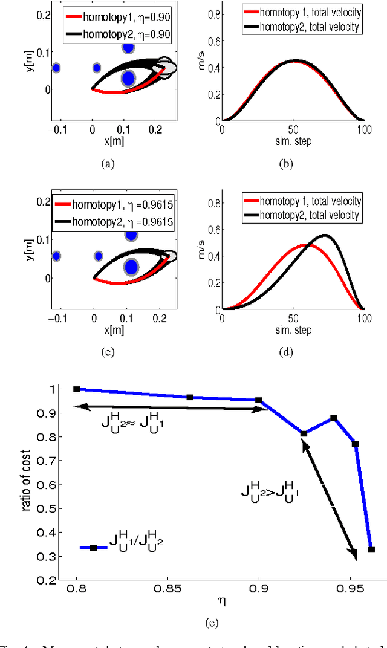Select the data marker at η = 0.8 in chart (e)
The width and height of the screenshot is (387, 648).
coord(77,389)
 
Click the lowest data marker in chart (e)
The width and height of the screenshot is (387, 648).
coord(371,549)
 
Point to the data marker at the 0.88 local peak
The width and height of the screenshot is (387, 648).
coord(334,418)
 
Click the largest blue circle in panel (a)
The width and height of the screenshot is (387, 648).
coord(128,78)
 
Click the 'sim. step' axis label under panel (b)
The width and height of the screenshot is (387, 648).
coord(293,140)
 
